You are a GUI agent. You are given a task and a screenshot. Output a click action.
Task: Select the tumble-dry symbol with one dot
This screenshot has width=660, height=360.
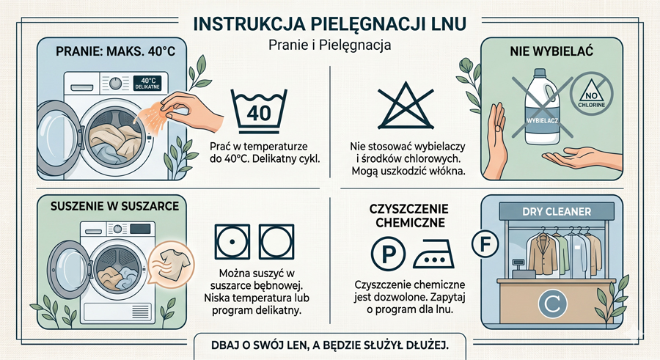232,242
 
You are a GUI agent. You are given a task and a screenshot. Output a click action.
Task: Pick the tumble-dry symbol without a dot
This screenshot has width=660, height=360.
276,242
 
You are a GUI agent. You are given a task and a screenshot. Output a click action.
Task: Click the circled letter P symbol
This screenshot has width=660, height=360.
388,254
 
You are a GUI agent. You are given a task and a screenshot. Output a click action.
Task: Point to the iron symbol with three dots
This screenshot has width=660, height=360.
434,254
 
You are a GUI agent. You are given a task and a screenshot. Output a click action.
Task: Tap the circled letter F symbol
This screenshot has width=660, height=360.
485,243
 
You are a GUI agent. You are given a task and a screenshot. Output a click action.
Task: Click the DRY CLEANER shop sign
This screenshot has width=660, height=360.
557,212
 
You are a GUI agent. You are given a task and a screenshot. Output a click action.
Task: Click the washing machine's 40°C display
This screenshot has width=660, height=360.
148,83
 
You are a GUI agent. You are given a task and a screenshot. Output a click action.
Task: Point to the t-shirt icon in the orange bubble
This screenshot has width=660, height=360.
172,265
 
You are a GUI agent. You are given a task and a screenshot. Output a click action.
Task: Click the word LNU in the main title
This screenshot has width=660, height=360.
449,24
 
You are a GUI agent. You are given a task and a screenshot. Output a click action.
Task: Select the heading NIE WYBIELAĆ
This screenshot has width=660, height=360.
551,51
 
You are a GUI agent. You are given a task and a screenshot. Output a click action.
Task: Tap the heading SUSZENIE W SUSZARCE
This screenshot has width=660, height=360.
114,206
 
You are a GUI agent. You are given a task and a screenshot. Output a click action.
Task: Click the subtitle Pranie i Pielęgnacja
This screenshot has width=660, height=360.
329,45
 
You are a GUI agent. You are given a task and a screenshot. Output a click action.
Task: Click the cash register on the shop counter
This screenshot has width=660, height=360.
523,268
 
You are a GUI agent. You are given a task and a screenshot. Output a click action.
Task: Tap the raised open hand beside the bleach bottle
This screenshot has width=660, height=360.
496,139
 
